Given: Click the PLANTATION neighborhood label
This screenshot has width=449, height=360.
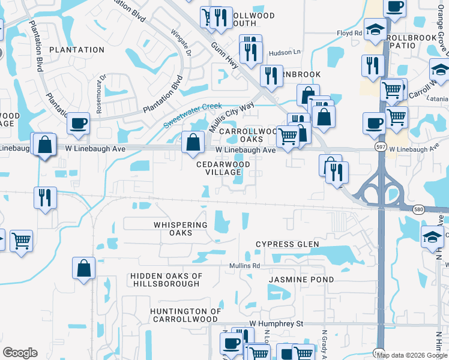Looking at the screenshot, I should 77,49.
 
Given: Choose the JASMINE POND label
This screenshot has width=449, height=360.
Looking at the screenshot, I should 293,280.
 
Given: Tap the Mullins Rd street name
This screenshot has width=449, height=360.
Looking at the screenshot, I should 244,265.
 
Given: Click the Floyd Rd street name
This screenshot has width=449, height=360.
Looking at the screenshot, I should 349,34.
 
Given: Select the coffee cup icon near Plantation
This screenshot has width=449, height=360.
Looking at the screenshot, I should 78,124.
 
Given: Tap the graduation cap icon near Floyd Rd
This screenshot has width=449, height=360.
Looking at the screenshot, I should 375,31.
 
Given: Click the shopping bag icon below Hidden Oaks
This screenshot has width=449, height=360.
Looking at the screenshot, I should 83,268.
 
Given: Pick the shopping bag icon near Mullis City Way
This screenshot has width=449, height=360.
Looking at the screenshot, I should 193,143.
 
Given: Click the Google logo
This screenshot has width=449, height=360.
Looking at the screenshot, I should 20,353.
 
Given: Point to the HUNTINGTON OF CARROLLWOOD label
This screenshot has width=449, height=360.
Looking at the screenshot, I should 184,315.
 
